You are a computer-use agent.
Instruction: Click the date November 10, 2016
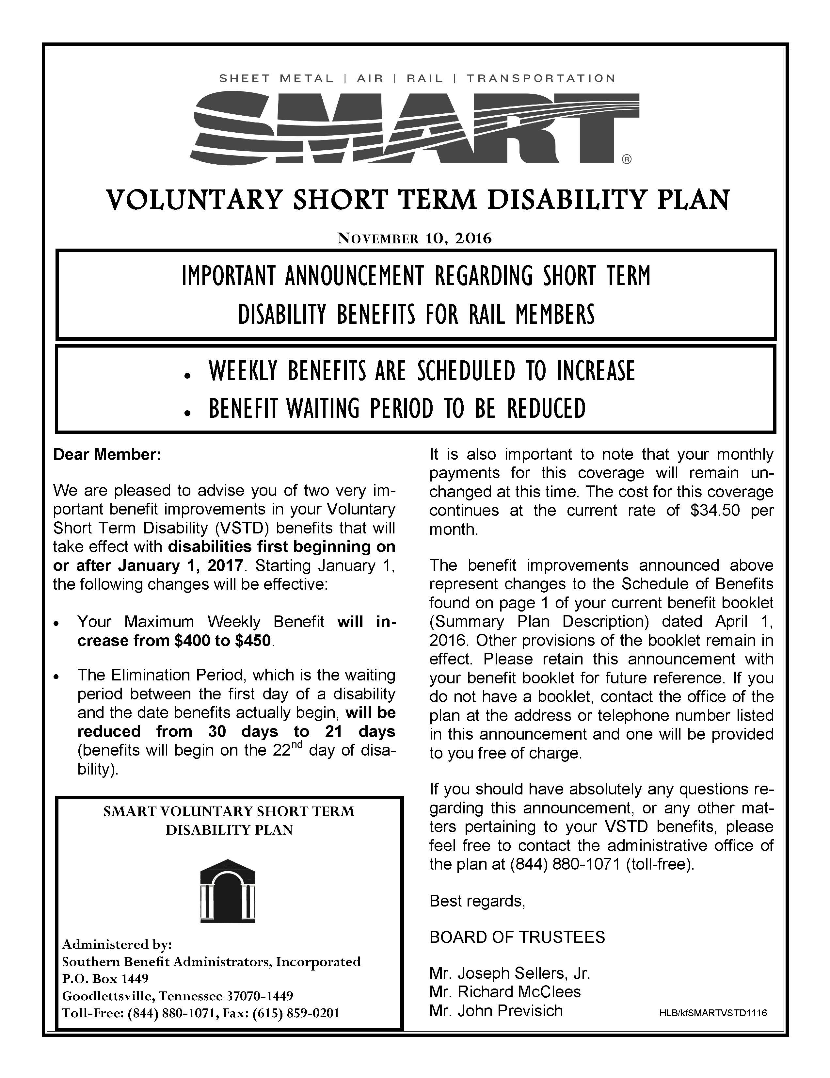tap(414, 239)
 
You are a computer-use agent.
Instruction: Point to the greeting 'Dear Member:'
tap(107, 455)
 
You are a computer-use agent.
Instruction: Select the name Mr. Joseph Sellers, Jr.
tap(510, 973)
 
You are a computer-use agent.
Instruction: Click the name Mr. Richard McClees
tap(505, 992)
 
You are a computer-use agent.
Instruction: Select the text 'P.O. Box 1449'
tap(105, 978)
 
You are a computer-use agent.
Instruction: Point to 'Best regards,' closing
tap(477, 901)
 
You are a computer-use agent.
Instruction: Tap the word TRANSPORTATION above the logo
tap(541, 78)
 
